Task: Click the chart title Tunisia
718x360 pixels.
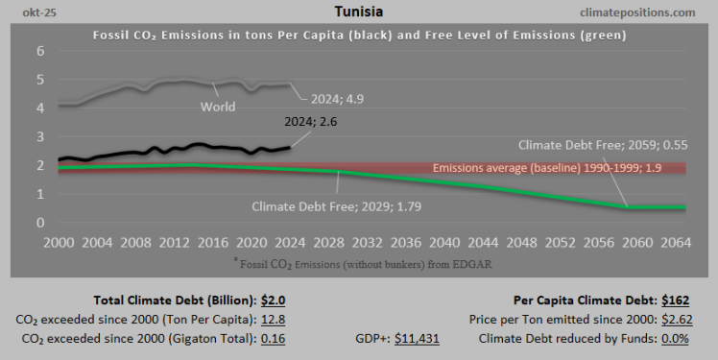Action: point(359,12)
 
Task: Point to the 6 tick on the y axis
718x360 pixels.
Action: point(40,51)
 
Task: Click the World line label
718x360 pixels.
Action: point(218,107)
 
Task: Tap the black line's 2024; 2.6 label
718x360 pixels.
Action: point(311,122)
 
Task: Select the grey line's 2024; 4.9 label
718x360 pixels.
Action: point(337,97)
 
